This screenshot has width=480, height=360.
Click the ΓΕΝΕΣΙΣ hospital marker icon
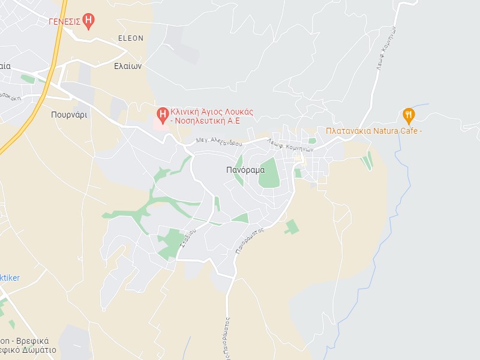coord(89,22)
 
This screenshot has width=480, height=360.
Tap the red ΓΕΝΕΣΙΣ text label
coord(64,21)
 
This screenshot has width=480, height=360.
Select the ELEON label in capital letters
coord(131,38)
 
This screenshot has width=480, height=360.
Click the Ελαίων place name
coord(128,67)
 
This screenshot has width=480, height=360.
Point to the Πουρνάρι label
coord(69,115)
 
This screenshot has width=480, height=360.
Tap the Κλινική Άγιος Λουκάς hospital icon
coord(162,113)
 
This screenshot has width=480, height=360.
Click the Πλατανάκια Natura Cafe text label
coord(374,131)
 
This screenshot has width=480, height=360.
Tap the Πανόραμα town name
coord(245,170)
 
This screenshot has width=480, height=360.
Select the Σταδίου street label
coord(189,239)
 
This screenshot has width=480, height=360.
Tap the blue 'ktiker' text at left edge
coord(10,278)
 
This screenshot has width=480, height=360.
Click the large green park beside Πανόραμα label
coord(269,173)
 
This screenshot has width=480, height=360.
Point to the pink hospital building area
coord(161,122)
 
